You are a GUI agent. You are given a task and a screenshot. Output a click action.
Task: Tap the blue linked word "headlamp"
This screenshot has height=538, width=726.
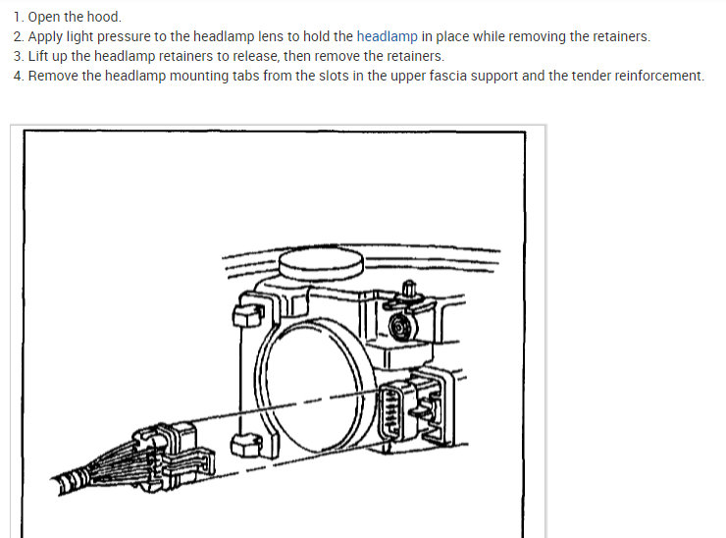[x=388, y=36]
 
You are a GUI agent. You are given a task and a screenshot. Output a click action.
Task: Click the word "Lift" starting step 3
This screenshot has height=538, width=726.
[x=40, y=56]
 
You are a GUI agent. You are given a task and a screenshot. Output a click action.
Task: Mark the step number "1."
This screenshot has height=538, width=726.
[x=19, y=17]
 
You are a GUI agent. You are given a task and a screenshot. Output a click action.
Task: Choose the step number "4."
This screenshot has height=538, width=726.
[x=19, y=76]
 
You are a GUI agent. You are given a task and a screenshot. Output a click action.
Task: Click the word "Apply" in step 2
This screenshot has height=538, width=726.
[x=47, y=36]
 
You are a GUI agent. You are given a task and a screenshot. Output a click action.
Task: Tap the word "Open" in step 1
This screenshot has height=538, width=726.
[x=46, y=17]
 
